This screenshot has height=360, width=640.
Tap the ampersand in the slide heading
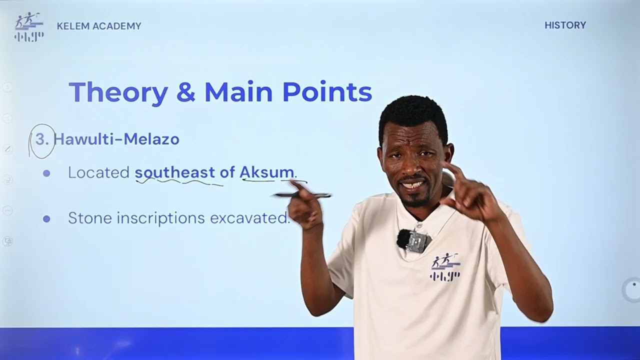click(185, 92)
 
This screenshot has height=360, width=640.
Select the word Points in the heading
click(327, 92)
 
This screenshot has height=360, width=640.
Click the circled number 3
click(42, 140)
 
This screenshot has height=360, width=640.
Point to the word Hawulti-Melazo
click(116, 139)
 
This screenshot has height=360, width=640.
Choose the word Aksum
click(266, 172)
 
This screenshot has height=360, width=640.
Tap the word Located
click(98, 172)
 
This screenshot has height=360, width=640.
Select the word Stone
click(86, 218)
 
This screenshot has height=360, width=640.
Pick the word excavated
click(249, 218)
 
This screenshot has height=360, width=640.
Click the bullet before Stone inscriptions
click(46, 218)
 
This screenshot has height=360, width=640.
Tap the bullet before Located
click(46, 173)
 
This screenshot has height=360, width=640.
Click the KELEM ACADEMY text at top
click(99, 26)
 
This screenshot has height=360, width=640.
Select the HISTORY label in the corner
click(565, 25)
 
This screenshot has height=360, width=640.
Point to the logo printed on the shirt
click(445, 266)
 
